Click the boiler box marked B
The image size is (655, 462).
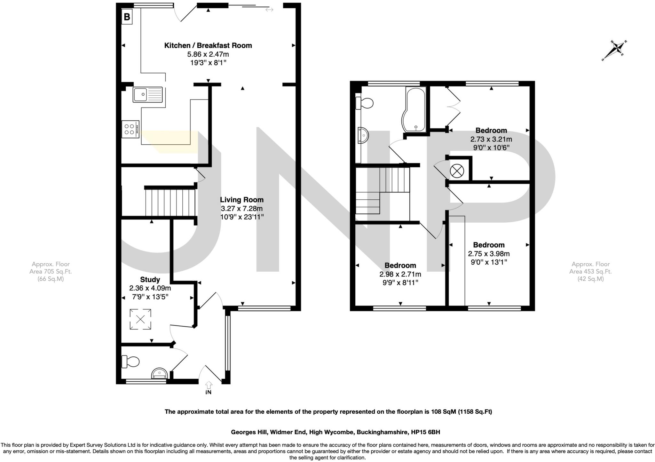pyautogui.click(x=127, y=17)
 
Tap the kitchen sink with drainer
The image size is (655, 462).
pyautogui.click(x=148, y=94)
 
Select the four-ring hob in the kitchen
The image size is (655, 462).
pyautogui.click(x=130, y=129)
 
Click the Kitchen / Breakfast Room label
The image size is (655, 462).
pyautogui.click(x=208, y=45)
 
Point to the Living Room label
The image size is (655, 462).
pyautogui.click(x=241, y=200)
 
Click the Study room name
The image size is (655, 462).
pyautogui.click(x=150, y=280)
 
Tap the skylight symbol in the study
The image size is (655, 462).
pyautogui.click(x=140, y=319)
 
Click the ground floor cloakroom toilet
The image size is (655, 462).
pyautogui.click(x=130, y=362)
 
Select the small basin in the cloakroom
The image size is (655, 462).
pyautogui.click(x=159, y=373)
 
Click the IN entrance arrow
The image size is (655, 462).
pyautogui.click(x=208, y=387)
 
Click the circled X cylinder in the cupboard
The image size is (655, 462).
pyautogui.click(x=457, y=171)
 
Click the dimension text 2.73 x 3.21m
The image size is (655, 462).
pyautogui.click(x=491, y=139)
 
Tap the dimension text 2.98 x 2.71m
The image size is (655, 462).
pyautogui.click(x=400, y=274)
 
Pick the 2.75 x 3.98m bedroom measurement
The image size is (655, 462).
pyautogui.click(x=489, y=254)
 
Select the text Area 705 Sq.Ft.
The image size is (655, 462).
pyautogui.click(x=51, y=272)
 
